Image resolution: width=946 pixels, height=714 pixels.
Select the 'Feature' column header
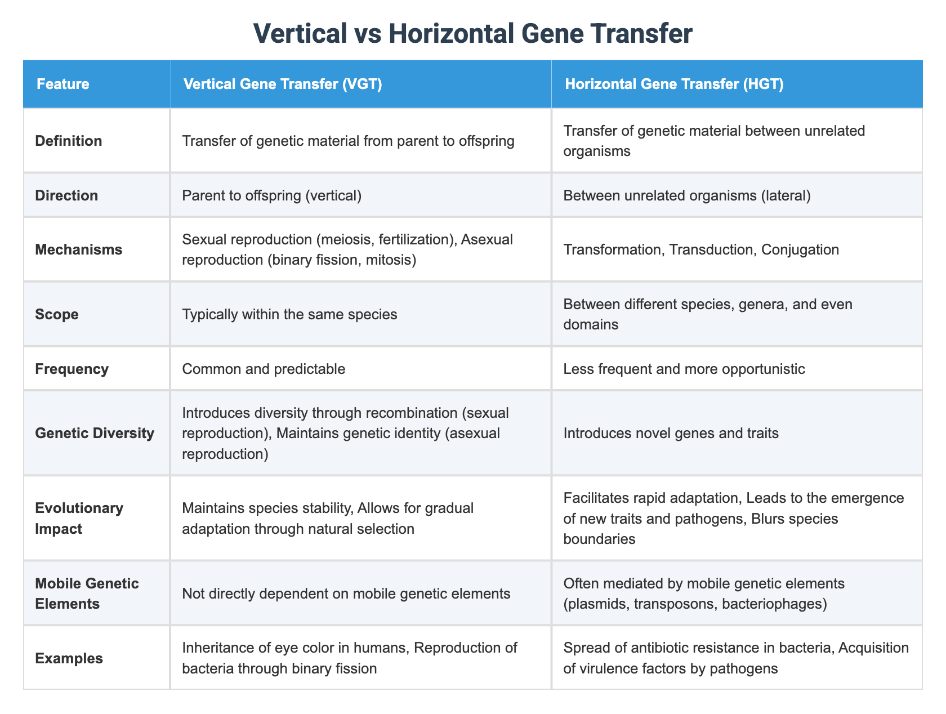pyautogui.click(x=63, y=84)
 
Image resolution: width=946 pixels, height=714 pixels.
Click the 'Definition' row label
pyautogui.click(x=69, y=141)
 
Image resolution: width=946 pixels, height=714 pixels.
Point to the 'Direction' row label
pyautogui.click(x=66, y=195)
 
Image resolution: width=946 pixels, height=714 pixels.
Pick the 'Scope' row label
pyautogui.click(x=57, y=314)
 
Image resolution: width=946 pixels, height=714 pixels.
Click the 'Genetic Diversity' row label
pyautogui.click(x=94, y=434)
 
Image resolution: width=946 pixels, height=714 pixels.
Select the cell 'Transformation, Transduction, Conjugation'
pyautogui.click(x=701, y=249)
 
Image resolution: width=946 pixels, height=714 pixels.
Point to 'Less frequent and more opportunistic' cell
pyautogui.click(x=684, y=369)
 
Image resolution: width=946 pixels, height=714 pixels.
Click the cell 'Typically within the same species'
pyautogui.click(x=289, y=314)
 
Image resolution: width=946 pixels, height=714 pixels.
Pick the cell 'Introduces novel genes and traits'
pyautogui.click(x=671, y=434)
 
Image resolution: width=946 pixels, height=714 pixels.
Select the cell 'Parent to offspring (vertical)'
pyautogui.click(x=276, y=195)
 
